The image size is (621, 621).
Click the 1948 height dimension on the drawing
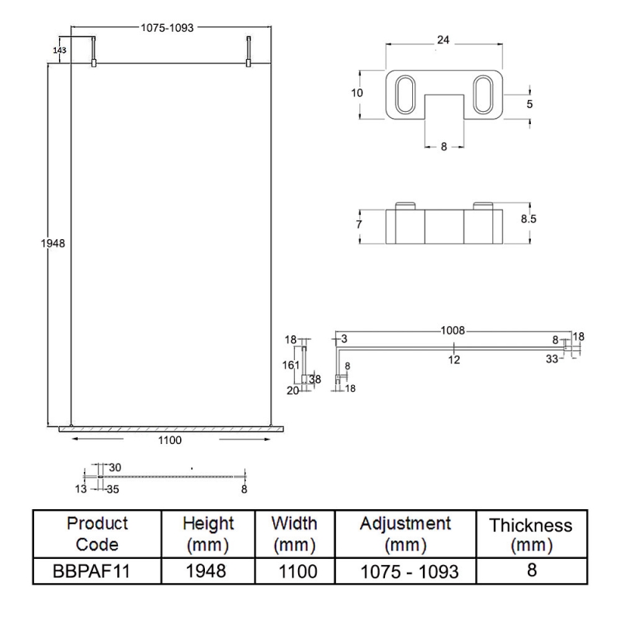pos(53,243)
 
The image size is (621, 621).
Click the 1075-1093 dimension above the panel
pos(167,27)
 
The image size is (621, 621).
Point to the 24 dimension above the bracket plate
pos(443,39)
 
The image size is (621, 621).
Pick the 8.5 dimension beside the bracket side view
pos(529,220)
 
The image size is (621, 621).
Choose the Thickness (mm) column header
pos(531,535)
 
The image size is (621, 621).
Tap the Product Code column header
pos(97,533)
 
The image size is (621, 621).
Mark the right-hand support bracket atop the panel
pos(248,51)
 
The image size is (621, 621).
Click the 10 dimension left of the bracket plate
pos(357,92)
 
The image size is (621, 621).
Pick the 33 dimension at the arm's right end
pos(551,359)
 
